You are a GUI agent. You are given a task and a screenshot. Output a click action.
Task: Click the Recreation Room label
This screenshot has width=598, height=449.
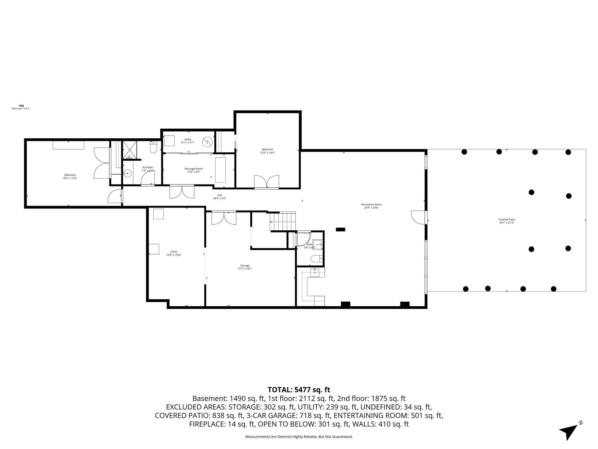coord(371,206)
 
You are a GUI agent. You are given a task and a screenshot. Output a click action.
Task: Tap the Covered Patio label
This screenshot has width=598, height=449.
coord(507,221)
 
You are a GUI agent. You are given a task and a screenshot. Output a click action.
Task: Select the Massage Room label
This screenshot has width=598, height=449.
coord(194,170)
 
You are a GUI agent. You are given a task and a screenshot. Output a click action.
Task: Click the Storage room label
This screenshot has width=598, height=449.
coord(245,267)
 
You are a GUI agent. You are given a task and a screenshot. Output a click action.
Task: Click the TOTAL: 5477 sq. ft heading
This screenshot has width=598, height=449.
coord(299,390)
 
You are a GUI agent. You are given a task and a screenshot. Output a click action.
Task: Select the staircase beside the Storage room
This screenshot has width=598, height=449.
coord(282,222)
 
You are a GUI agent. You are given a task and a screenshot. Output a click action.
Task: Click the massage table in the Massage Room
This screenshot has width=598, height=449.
coord(220,170)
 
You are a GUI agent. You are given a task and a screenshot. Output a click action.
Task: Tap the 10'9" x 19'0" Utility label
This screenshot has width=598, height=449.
coord(174,253)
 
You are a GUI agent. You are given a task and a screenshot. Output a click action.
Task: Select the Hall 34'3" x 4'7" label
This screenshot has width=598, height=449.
coord(220,197)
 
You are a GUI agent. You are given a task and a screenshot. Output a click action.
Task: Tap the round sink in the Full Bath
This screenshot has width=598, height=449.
coord(127,173)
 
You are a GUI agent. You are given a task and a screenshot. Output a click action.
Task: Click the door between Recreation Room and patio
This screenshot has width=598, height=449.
coord(418,217)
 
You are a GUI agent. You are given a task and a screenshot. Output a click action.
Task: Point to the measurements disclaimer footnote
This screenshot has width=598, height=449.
coord(299,437)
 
